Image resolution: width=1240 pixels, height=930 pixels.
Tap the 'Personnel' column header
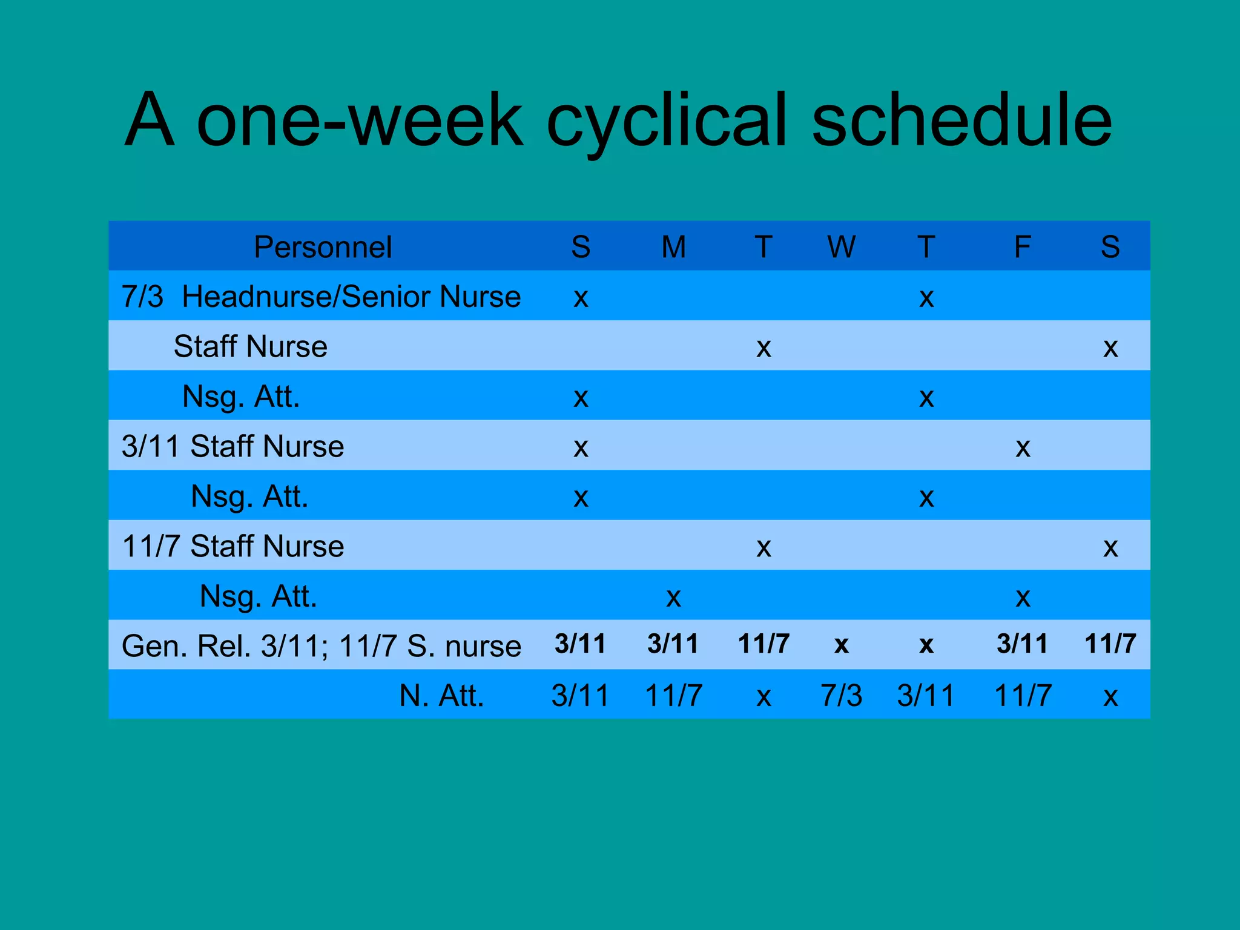click(x=323, y=247)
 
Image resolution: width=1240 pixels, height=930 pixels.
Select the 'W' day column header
click(x=841, y=247)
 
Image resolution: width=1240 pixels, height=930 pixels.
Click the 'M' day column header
click(x=673, y=247)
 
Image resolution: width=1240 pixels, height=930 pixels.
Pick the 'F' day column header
click(x=1022, y=247)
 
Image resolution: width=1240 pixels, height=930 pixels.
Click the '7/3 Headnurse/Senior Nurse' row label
click(x=321, y=297)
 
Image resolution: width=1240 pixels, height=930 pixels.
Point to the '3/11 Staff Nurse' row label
click(x=232, y=446)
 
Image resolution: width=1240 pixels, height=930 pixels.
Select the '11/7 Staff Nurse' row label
click(x=232, y=546)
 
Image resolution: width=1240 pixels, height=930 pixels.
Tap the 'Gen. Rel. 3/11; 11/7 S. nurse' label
click(x=321, y=645)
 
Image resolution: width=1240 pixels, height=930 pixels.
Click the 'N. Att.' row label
click(x=441, y=695)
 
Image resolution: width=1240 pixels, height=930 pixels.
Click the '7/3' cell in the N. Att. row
click(x=841, y=695)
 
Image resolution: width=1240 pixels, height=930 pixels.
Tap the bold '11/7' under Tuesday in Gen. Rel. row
click(x=763, y=644)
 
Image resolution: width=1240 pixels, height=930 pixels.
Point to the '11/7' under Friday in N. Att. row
click(x=1023, y=695)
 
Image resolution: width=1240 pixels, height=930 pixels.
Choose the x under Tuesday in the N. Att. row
click(x=763, y=697)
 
